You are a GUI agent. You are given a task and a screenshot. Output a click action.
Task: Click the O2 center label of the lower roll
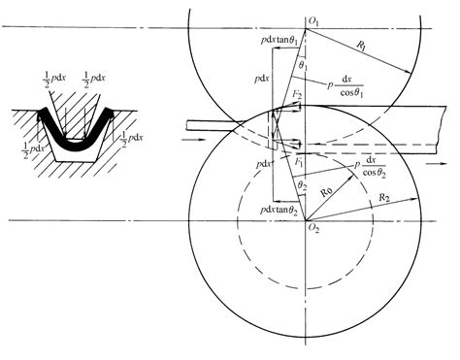[313, 229]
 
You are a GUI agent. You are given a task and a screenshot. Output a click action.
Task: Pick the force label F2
[300, 96]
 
